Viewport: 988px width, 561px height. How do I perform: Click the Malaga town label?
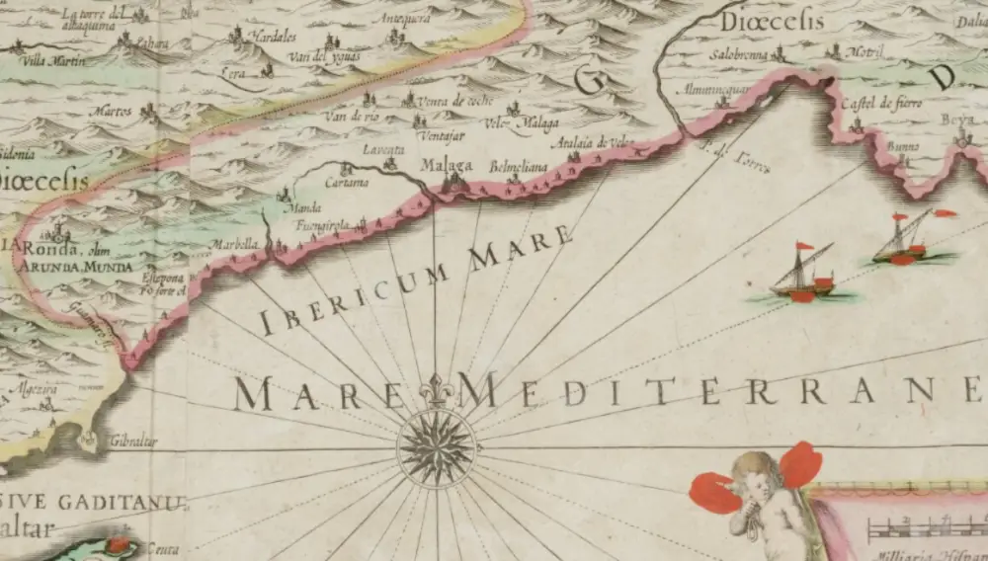447,165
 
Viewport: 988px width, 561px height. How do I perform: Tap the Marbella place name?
234,244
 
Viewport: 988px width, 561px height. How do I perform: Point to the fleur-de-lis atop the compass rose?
436,391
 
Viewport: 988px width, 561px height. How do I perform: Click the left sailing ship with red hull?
802,279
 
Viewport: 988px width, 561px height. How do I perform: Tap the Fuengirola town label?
325,226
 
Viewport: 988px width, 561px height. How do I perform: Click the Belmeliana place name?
519,167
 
